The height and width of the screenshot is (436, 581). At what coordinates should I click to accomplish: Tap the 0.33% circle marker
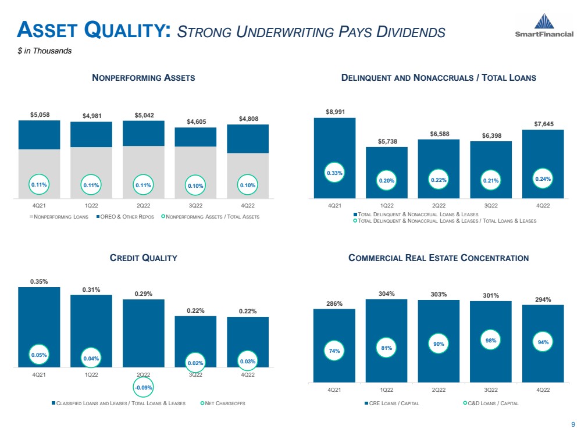pos(334,173)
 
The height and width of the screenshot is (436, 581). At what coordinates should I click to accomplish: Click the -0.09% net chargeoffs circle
pos(143,387)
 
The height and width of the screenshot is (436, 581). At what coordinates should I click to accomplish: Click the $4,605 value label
pos(195,121)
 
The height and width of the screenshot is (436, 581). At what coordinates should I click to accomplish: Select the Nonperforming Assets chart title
pos(144,77)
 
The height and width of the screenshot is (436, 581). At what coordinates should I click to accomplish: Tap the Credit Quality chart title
pos(144,258)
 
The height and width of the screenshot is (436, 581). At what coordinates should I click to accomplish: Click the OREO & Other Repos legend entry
pos(124,217)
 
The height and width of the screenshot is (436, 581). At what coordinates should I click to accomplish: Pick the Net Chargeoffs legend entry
pos(223,404)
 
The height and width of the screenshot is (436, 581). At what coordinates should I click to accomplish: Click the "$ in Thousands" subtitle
pos(44,51)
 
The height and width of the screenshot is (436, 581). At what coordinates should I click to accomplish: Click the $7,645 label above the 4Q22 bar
pos(543,123)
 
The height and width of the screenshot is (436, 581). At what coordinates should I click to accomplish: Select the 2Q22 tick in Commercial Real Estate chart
pos(439,390)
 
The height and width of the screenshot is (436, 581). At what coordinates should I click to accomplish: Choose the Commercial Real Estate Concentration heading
pos(439,258)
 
